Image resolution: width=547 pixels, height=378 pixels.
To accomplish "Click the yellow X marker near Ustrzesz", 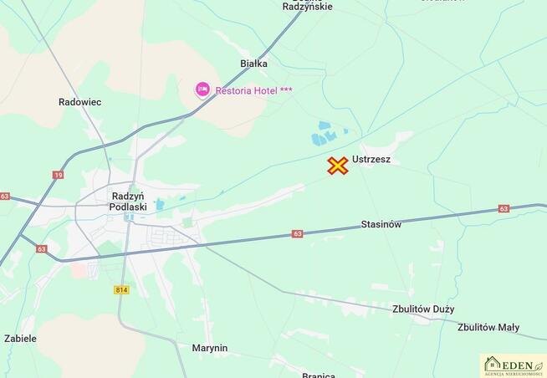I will [338, 166].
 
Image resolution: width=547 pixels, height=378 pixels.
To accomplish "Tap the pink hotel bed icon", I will [202, 89].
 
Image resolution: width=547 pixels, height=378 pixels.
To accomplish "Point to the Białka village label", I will [253, 63].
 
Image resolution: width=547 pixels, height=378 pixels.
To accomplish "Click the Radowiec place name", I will [80, 102].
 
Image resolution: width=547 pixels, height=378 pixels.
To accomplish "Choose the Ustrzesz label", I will [371, 160].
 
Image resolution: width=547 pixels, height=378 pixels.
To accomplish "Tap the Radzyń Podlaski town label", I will [129, 202].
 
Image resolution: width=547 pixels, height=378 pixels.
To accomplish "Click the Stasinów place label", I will [381, 224].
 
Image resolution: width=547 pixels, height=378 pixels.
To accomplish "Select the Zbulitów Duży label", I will [423, 309].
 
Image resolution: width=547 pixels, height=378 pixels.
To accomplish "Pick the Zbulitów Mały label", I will [488, 328].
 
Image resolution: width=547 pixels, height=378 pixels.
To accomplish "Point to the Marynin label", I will [209, 348].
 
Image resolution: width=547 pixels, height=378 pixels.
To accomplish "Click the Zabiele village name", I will [20, 339].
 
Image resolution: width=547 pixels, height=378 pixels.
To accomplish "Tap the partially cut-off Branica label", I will [319, 375].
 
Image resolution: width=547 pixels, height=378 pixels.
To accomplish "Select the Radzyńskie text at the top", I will [308, 7].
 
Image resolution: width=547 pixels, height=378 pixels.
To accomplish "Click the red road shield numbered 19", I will [58, 175].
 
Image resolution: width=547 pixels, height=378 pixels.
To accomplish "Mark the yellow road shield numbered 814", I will [122, 289].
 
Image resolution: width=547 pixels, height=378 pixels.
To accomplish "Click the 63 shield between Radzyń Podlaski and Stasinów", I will [298, 234].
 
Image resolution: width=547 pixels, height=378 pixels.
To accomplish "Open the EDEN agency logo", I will [513, 365].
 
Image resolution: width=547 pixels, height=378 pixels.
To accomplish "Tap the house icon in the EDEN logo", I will [493, 364].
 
